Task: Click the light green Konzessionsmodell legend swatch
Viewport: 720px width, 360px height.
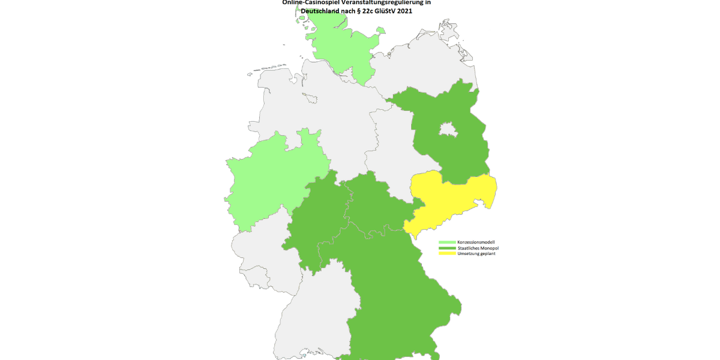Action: tap(447, 242)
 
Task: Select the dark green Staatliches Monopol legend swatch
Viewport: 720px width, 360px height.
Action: tap(447, 248)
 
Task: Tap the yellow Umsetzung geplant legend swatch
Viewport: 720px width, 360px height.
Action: tap(447, 254)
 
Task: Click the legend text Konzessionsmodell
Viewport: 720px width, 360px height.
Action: tap(476, 242)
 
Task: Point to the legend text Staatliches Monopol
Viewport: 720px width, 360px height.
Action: tap(478, 248)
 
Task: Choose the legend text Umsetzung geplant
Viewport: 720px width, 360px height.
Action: tap(476, 254)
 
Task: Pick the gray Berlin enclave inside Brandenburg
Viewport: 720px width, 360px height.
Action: tap(447, 129)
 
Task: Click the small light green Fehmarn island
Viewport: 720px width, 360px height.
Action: tap(380, 30)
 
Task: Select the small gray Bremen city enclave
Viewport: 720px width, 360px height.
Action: tap(308, 95)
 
